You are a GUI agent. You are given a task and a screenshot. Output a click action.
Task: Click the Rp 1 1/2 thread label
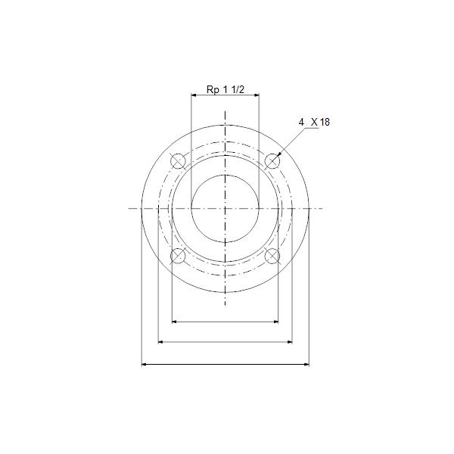pos(225,89)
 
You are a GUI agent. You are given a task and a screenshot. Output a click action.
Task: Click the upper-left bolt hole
pos(178,161)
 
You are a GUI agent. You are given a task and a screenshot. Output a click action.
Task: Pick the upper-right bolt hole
pos(272,161)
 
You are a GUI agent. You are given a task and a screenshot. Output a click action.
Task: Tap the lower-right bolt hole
pos(272,257)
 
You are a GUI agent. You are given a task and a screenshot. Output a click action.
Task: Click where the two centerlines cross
pos(225,208)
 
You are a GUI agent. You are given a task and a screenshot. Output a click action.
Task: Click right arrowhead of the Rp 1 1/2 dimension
pos(258,95)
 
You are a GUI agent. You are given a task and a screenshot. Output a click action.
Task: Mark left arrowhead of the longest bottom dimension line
pos(144,365)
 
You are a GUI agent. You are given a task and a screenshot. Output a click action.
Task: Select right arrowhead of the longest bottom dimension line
pos(307,365)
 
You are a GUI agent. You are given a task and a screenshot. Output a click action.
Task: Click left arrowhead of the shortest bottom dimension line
pos(175,322)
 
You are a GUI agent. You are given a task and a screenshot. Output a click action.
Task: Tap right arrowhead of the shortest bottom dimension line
pos(277,322)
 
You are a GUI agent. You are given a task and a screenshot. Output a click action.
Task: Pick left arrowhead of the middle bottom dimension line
pos(159,343)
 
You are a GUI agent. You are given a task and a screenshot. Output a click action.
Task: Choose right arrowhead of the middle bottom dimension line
pos(291,343)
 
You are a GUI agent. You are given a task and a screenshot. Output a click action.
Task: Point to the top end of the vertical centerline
pos(225,110)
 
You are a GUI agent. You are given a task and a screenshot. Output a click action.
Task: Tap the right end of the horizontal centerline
pos(323,208)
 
